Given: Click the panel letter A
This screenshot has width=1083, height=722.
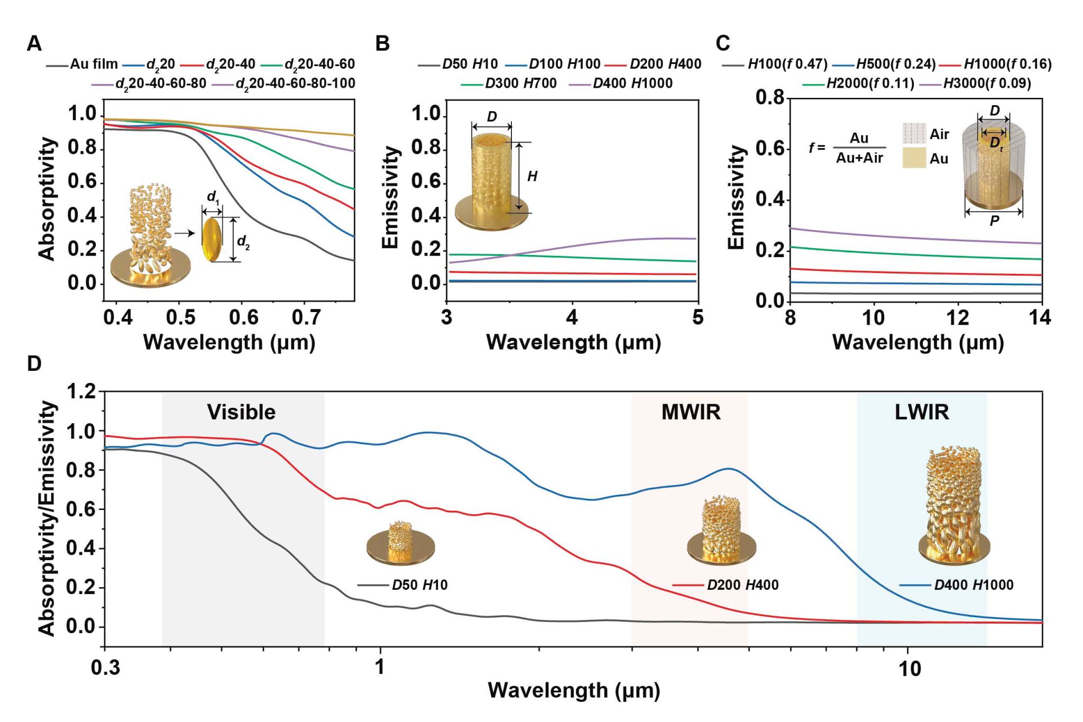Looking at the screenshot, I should coord(34,43).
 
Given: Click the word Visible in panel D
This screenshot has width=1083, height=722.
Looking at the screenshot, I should coord(241,412).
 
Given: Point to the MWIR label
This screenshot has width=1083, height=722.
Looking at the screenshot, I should coord(691,412).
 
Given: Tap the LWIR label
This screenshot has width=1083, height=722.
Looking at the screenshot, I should coord(922,412).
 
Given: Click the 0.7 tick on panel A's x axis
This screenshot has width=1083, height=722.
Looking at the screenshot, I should coord(306,317).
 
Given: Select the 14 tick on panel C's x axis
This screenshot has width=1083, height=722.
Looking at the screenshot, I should coord(1040,317).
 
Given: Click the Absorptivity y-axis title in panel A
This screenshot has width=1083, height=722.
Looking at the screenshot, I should coord(47,199).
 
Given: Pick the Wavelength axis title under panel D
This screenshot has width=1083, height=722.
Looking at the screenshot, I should coord(574,690).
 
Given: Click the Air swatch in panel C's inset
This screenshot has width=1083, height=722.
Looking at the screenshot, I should coord(914,133).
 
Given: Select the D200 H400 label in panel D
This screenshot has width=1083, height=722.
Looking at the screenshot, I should coord(742,585).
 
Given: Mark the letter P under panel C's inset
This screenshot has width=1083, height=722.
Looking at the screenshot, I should coord(994,221).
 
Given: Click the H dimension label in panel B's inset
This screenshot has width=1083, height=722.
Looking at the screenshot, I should coord(533,176).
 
